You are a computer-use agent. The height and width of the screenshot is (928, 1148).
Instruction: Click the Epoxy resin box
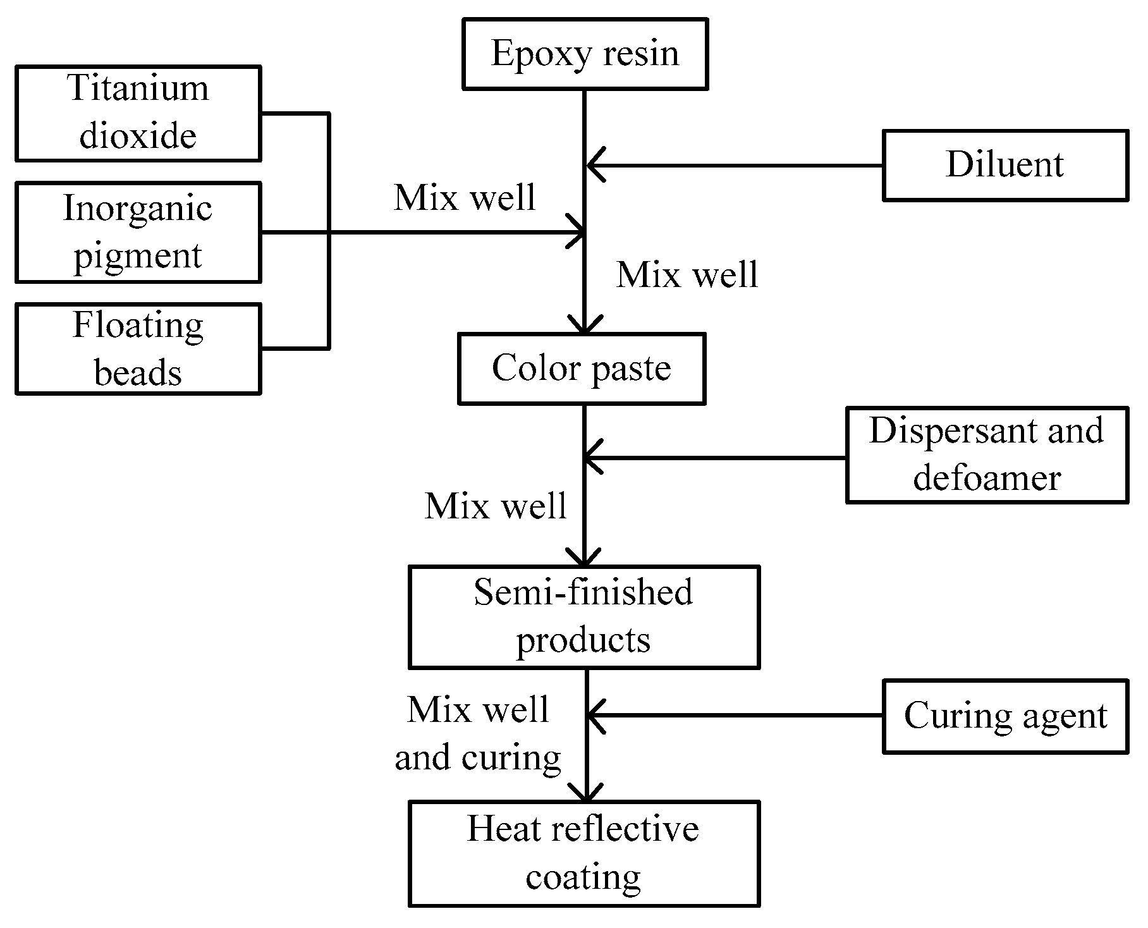585,54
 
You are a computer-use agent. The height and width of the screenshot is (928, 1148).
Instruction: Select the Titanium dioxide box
138,113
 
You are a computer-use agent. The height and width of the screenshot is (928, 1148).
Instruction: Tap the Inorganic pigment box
138,232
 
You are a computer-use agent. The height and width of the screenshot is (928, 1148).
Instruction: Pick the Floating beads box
138,349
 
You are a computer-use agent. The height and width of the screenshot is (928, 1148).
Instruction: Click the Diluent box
1004,166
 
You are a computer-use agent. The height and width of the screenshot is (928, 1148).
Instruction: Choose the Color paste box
581,369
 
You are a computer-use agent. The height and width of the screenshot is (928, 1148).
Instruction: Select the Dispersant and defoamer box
986,455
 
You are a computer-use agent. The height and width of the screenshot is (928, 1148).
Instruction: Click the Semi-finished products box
583,616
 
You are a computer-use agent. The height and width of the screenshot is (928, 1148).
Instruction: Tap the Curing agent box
1004,716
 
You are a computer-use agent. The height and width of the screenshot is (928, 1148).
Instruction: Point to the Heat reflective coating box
583,853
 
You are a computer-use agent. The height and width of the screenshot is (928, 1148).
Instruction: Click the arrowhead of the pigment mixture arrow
577,233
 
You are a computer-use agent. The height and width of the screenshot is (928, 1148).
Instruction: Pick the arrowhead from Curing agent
595,716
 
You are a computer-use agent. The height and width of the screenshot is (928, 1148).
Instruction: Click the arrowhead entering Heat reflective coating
586,793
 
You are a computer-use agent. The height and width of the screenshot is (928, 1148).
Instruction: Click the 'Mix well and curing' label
478,733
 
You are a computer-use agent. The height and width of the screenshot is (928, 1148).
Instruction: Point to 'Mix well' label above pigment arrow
465,198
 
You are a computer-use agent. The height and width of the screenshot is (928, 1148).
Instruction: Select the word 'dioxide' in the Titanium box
138,136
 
